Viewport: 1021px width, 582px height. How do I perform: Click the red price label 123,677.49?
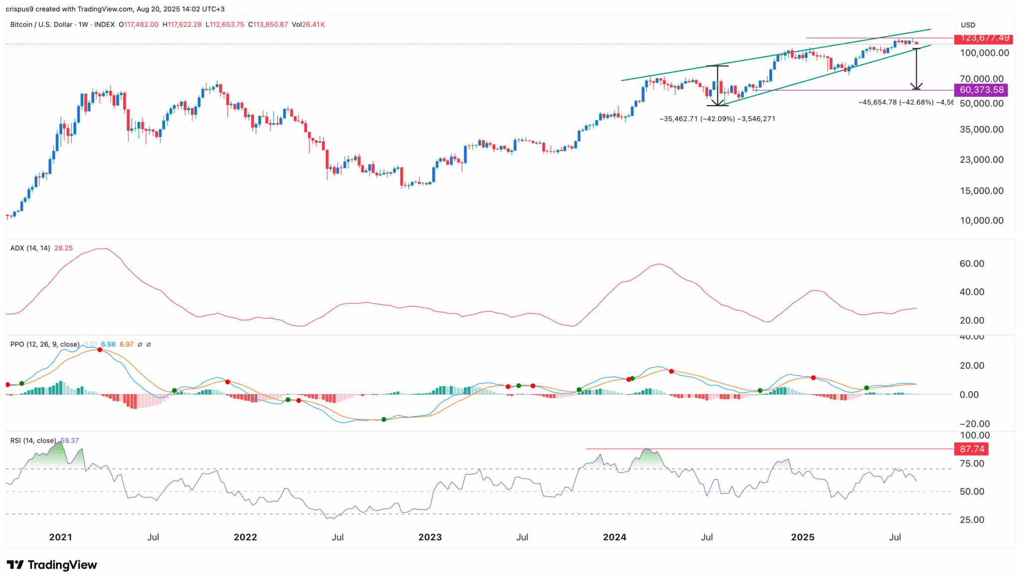coord(981,38)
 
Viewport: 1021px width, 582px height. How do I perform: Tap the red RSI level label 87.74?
coord(971,449)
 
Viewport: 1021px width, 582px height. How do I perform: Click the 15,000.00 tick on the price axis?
coord(981,191)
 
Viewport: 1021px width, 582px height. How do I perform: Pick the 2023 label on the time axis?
coord(430,537)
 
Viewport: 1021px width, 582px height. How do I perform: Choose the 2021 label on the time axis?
coord(60,537)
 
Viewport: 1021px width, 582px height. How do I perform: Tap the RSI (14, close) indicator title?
coord(33,440)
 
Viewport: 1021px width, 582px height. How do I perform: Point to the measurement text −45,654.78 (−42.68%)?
coord(896,103)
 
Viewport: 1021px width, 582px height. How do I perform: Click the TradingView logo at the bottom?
coord(52,565)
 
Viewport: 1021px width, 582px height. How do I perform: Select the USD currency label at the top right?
coord(968,25)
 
